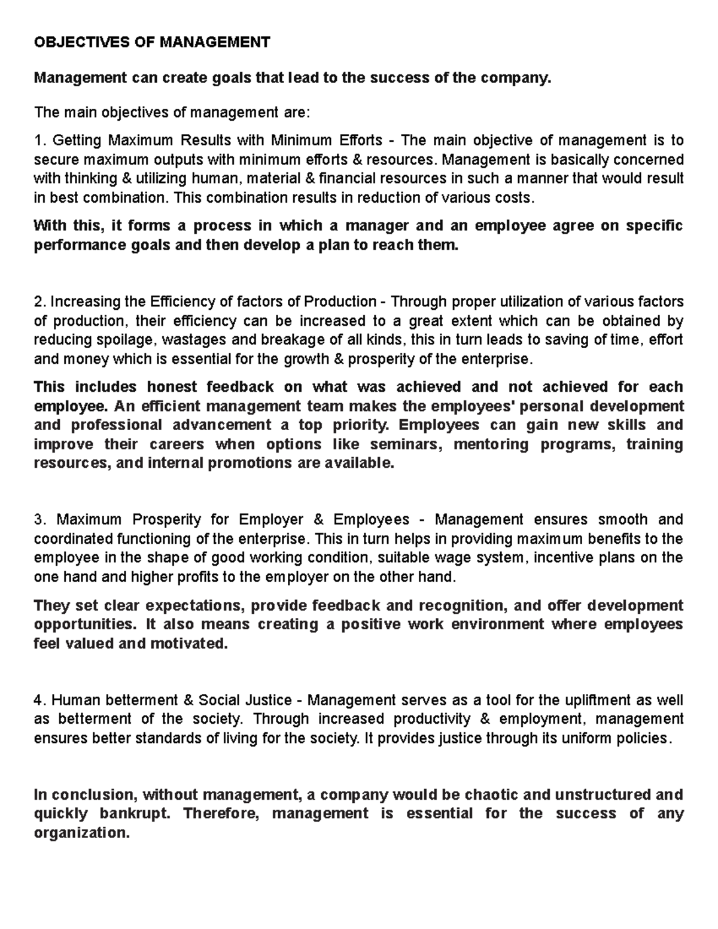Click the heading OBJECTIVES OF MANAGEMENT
pyautogui.click(x=152, y=42)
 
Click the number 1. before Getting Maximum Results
pyautogui.click(x=40, y=141)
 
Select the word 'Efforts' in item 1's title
pyautogui.click(x=360, y=141)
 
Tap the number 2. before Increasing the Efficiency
pyautogui.click(x=40, y=301)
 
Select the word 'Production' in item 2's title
pyautogui.click(x=340, y=301)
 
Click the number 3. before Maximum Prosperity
pyautogui.click(x=40, y=520)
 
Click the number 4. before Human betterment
pyautogui.click(x=40, y=700)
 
